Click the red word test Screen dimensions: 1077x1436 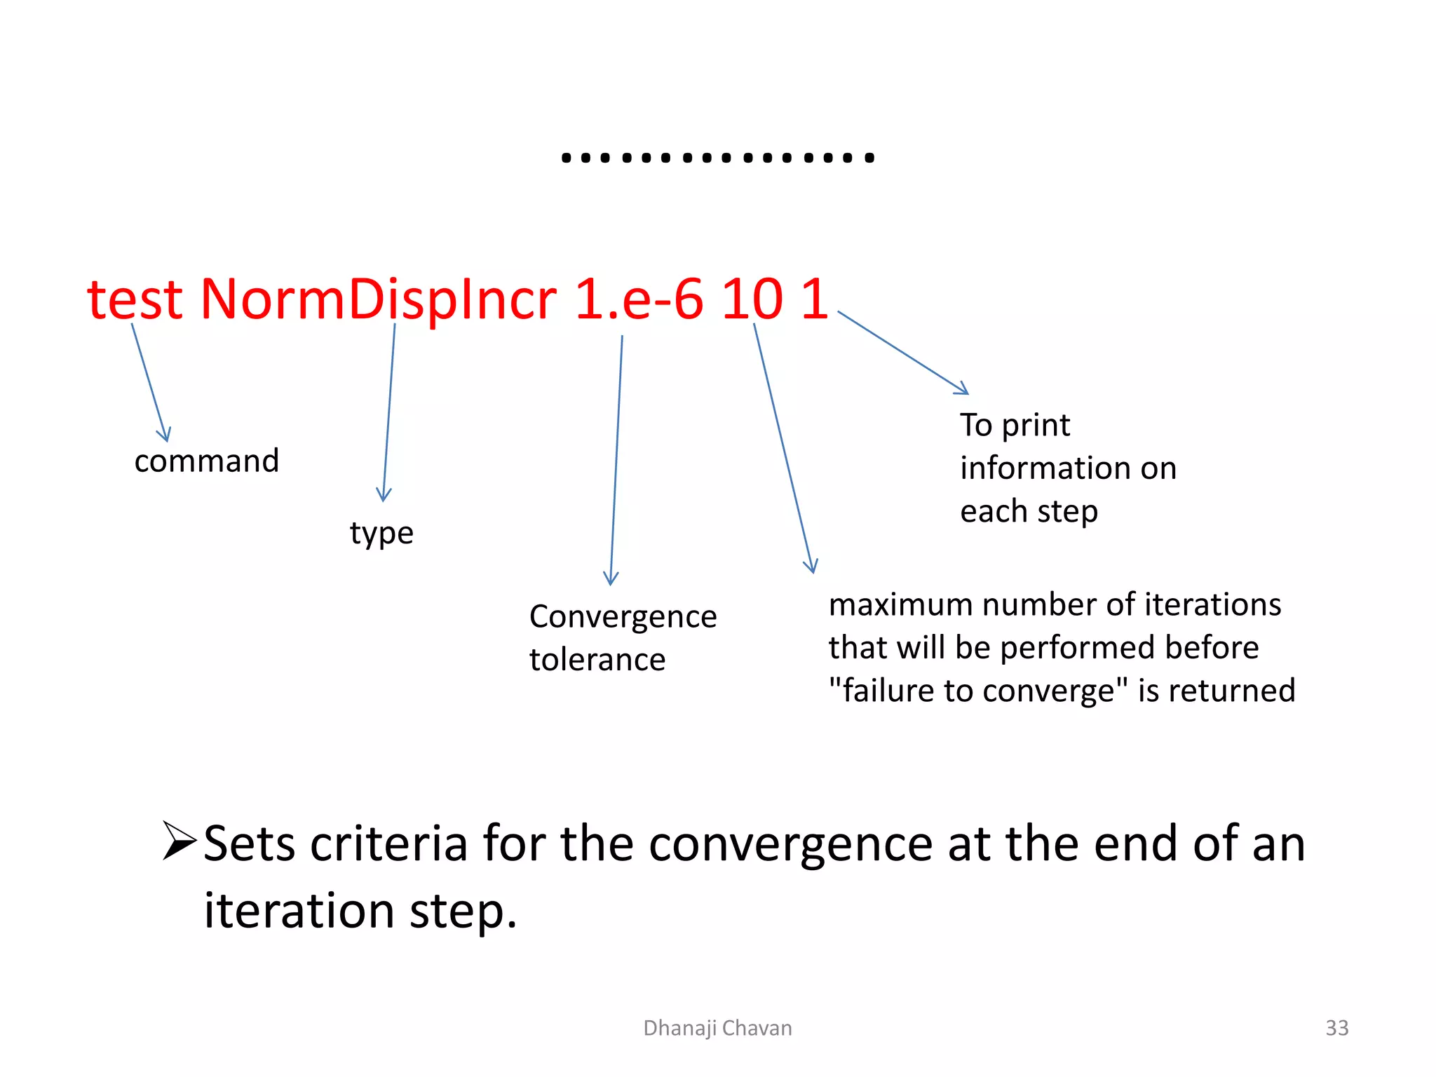135,300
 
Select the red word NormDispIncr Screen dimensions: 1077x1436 378,300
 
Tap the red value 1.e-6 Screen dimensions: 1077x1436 638,300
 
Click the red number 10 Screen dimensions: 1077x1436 752,300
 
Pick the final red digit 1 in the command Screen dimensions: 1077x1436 815,300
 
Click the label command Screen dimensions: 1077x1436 207,461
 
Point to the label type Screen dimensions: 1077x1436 381,534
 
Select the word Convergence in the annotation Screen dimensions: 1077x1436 623,617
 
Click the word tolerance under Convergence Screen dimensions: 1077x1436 597,660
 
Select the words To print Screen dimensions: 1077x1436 1015,425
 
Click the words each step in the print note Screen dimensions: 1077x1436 1029,511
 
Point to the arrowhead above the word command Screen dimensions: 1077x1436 165,436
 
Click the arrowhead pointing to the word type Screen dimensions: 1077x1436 384,496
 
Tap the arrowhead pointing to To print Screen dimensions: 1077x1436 963,389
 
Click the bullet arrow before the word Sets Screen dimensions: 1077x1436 179,841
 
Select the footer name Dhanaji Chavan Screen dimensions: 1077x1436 717,1028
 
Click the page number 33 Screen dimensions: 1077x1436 1336,1028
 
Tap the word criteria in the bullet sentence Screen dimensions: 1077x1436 388,844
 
